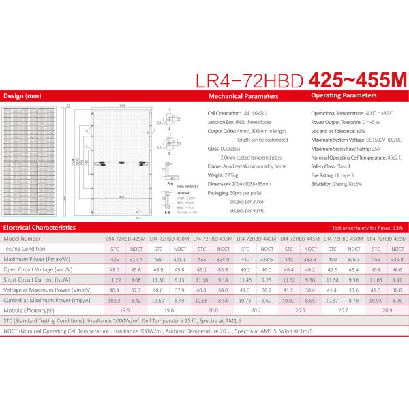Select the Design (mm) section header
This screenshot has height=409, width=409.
[x=22, y=96]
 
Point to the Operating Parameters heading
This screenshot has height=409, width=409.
[x=344, y=96]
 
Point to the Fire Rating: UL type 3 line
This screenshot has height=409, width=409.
[x=337, y=175]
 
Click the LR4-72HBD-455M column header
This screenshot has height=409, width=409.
[x=387, y=239]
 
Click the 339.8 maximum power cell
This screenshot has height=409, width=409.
[x=397, y=259]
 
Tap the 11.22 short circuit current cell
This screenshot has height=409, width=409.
[x=115, y=279]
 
